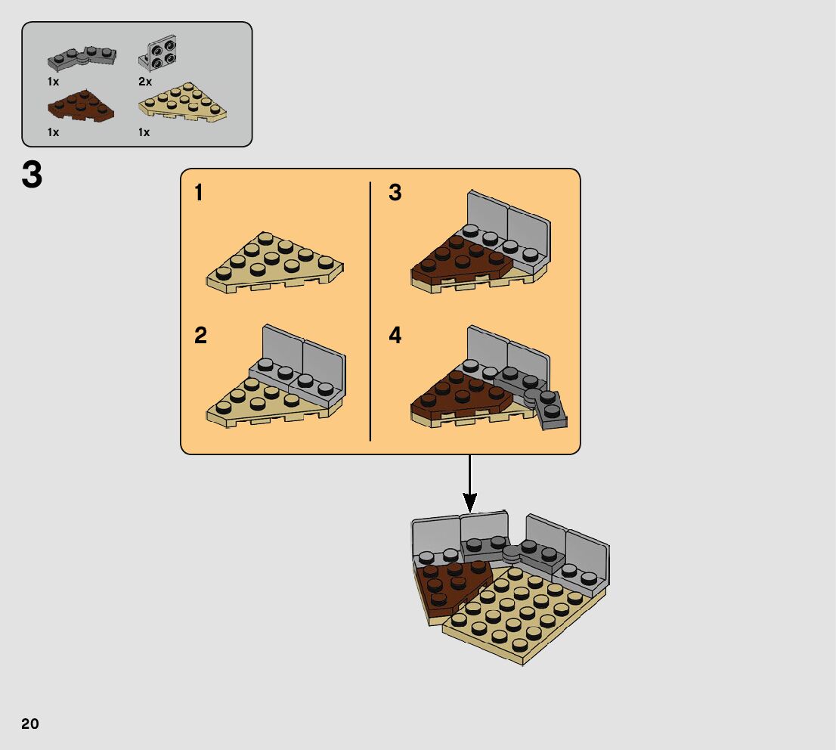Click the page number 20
pyautogui.click(x=30, y=724)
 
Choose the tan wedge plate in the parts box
pyautogui.click(x=183, y=105)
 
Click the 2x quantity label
pyautogui.click(x=145, y=82)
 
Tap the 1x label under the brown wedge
pyautogui.click(x=54, y=132)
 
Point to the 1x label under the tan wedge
pyautogui.click(x=144, y=132)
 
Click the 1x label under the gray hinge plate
pyautogui.click(x=54, y=82)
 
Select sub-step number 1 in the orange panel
pyautogui.click(x=199, y=194)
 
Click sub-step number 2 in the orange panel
pyautogui.click(x=200, y=336)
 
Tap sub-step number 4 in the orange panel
pyautogui.click(x=395, y=336)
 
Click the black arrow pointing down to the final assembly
pyautogui.click(x=469, y=484)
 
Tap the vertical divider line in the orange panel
pyautogui.click(x=370, y=311)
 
